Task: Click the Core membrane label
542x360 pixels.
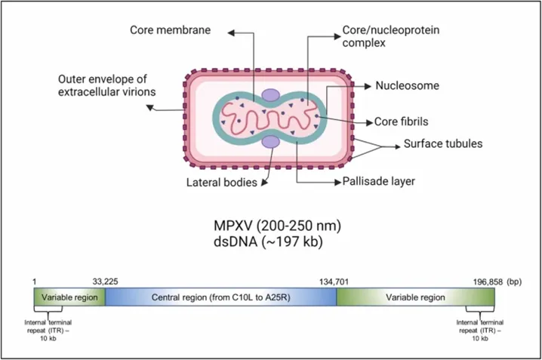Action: click(x=170, y=30)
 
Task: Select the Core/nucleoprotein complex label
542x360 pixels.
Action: click(x=390, y=36)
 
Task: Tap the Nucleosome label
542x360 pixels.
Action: click(x=407, y=86)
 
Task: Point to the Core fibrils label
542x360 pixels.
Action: click(x=401, y=122)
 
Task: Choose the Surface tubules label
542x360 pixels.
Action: click(x=443, y=143)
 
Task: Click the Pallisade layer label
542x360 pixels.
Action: click(x=378, y=181)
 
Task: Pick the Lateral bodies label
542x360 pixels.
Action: click(x=222, y=183)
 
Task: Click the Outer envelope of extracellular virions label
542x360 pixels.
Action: click(x=106, y=85)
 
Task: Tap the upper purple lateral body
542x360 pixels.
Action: click(x=270, y=95)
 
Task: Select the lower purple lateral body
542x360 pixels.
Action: click(x=270, y=142)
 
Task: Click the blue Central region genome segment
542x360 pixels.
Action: click(x=221, y=297)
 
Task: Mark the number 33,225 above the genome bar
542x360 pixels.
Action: click(x=105, y=282)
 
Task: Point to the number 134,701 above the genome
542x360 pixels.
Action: click(x=334, y=282)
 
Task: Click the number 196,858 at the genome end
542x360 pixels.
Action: click(x=488, y=282)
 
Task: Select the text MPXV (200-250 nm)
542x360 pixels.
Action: click(x=277, y=226)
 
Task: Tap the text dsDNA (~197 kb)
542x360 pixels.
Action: click(x=268, y=242)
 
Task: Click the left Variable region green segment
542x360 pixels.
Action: click(x=69, y=297)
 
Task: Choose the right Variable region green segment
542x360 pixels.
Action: click(x=416, y=297)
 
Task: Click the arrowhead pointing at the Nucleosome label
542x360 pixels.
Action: click(x=368, y=86)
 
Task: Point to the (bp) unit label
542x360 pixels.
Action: click(x=514, y=282)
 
